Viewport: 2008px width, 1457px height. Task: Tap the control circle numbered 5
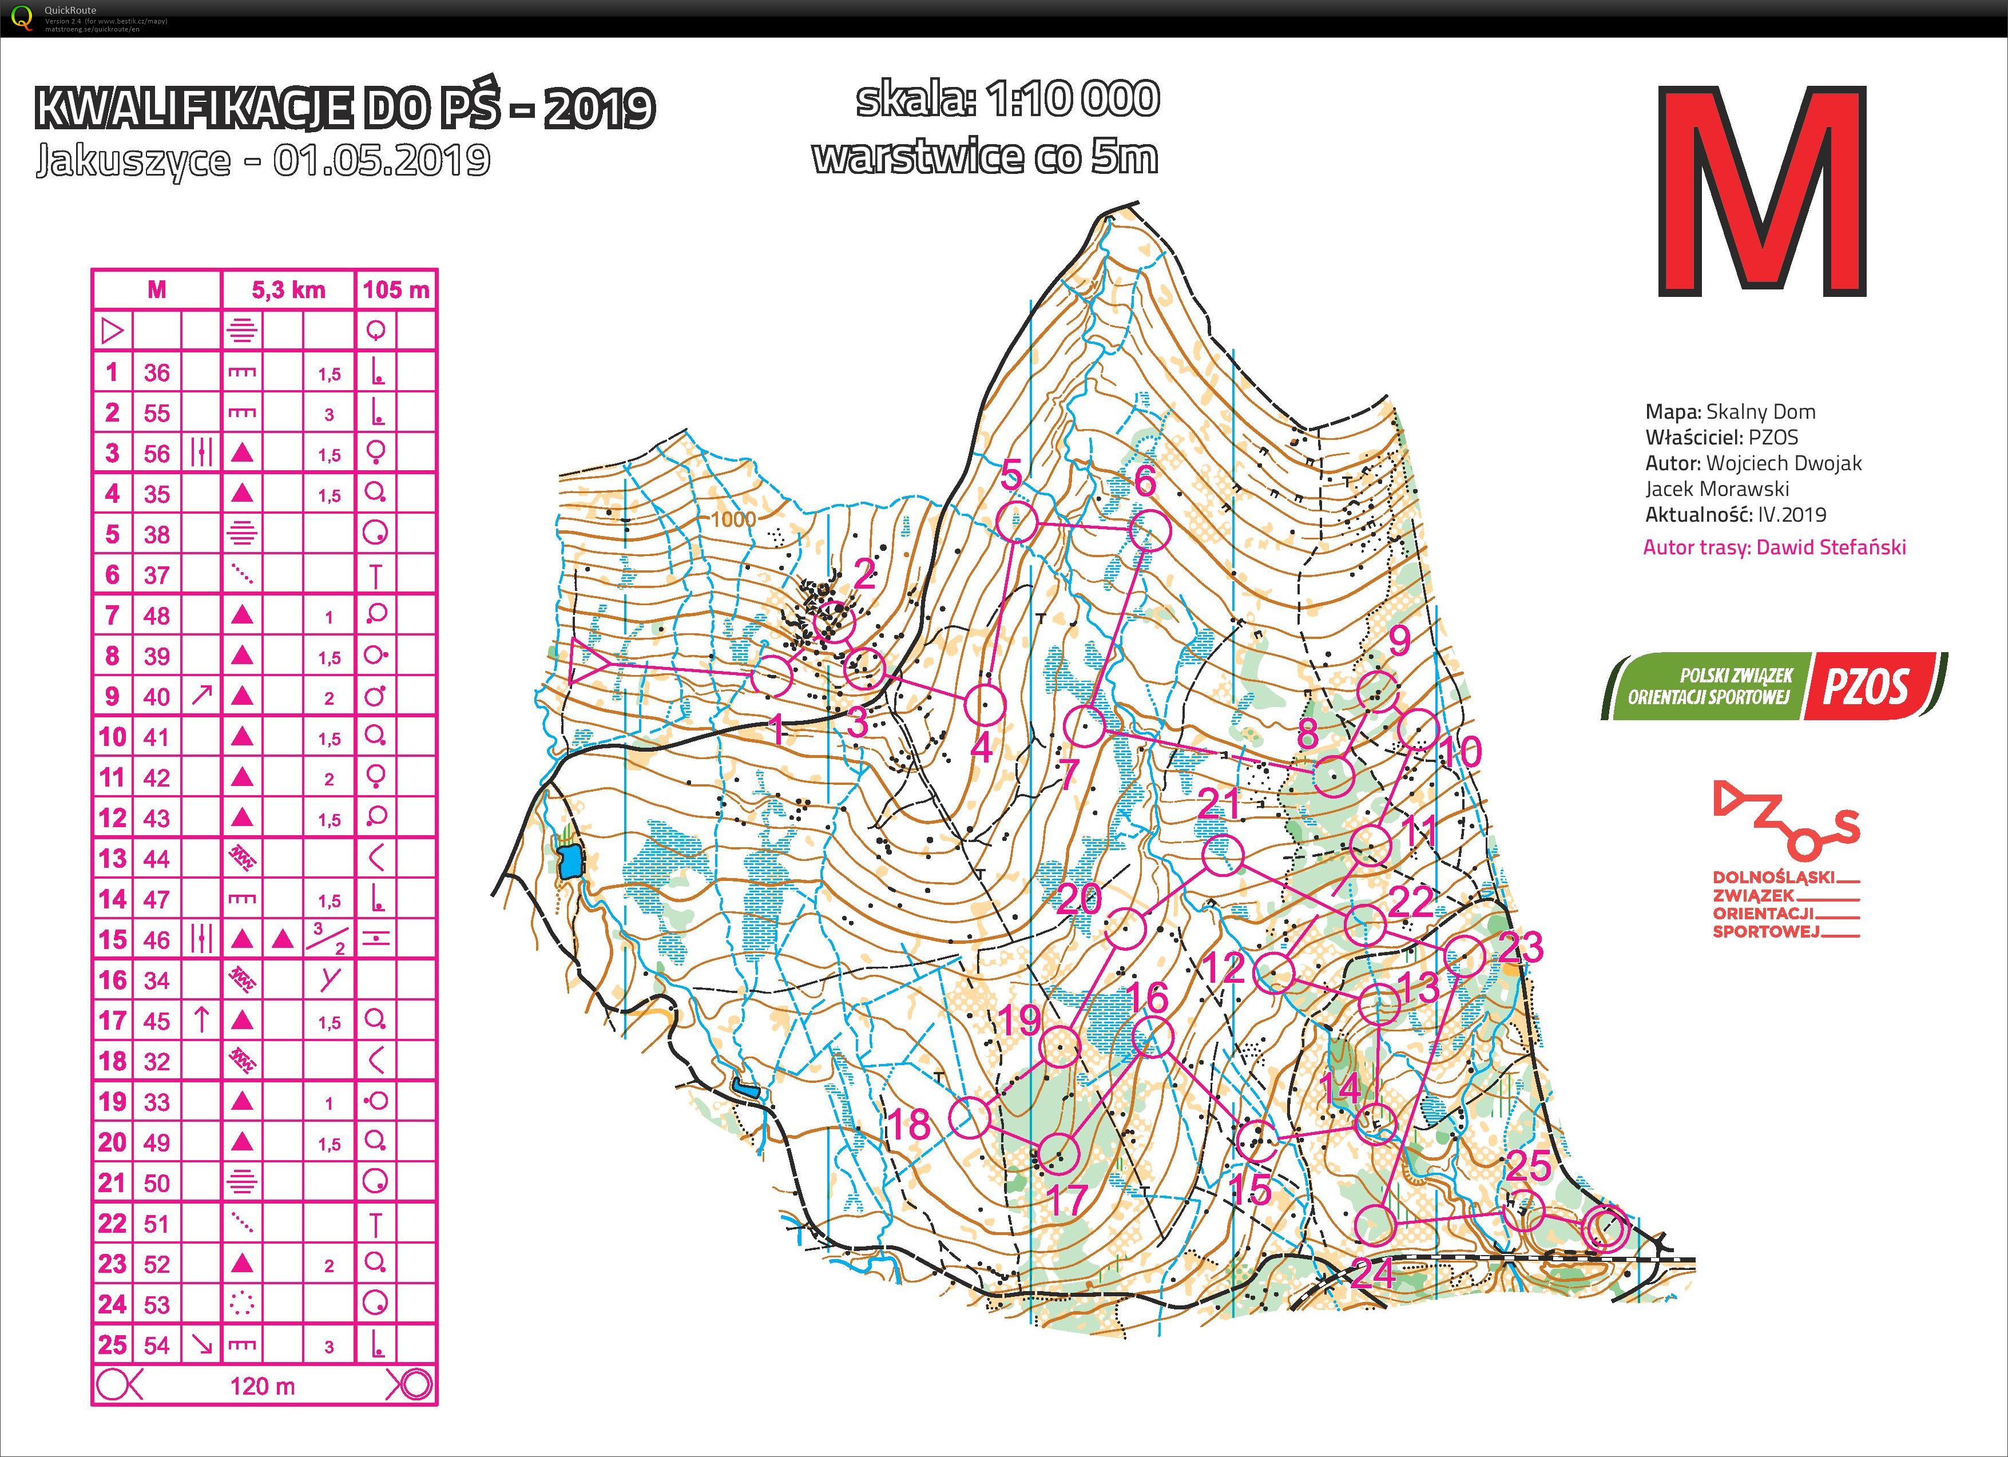click(1017, 522)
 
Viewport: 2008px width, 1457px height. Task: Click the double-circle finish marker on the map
click(1605, 1229)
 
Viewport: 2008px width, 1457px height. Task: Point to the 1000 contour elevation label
click(733, 519)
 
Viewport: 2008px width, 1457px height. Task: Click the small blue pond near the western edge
click(570, 860)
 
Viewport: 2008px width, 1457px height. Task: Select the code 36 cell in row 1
click(157, 372)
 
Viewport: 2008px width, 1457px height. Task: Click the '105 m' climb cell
click(396, 289)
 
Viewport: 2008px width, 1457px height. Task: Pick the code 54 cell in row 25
click(157, 1344)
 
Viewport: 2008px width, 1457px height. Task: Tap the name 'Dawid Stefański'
click(1831, 547)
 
